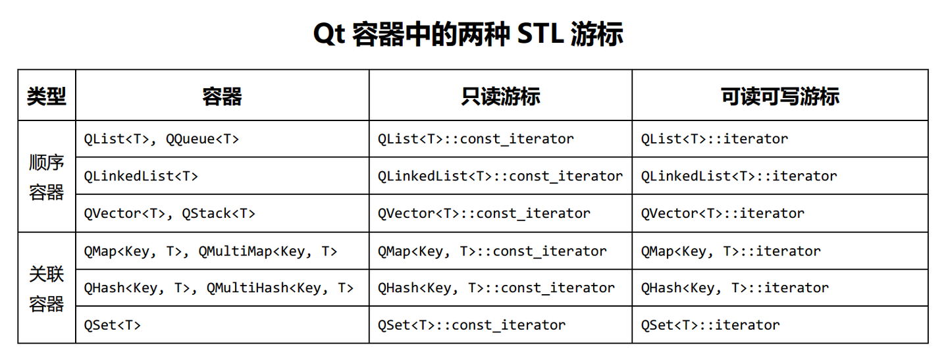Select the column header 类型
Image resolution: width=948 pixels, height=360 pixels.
(46, 97)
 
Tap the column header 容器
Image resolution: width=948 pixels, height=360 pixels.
(222, 97)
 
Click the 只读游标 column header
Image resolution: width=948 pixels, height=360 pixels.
(500, 97)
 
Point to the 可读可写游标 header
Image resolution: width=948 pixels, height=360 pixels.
(780, 97)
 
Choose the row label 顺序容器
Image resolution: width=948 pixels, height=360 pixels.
(46, 176)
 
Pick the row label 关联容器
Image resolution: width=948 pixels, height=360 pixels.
(46, 288)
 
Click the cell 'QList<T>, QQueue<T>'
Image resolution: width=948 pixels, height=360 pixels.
(161, 139)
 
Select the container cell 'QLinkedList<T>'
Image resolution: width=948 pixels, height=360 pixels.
(141, 176)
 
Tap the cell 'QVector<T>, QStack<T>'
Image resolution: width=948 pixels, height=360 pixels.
(169, 213)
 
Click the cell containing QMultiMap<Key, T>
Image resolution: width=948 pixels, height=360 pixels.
(211, 251)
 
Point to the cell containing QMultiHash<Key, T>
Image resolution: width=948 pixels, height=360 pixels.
(219, 288)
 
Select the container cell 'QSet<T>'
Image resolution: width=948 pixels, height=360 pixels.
(113, 325)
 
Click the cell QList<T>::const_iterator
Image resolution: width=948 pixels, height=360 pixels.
(475, 139)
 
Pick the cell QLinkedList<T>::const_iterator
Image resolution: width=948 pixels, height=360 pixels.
(500, 176)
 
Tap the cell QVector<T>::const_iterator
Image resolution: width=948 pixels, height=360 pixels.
(484, 213)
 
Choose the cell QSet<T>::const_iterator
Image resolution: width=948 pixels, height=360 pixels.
(471, 325)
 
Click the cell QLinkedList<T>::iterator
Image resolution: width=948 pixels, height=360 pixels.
(739, 176)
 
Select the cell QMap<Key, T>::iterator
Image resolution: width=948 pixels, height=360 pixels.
(731, 251)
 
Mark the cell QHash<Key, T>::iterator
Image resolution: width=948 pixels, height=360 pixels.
(735, 288)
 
